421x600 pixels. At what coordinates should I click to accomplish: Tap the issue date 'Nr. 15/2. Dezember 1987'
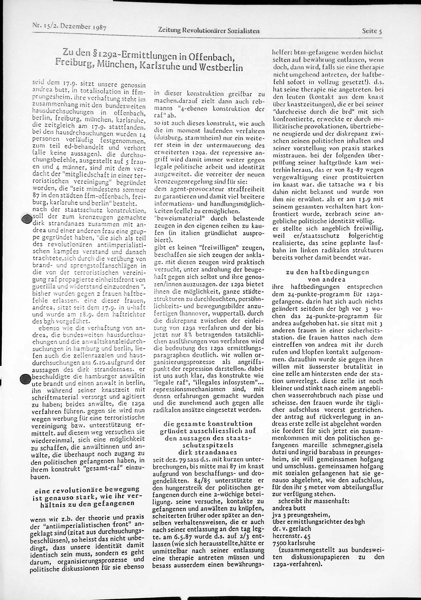(x=69, y=26)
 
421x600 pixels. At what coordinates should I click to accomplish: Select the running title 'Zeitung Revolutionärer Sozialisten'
(x=209, y=31)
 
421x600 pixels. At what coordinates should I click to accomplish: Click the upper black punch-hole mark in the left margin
(x=26, y=218)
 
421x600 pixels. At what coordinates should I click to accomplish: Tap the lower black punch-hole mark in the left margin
(x=25, y=379)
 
